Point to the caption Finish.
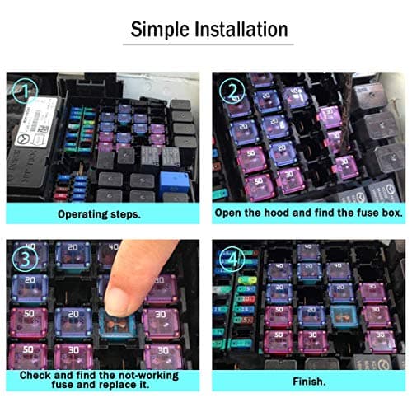308,382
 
